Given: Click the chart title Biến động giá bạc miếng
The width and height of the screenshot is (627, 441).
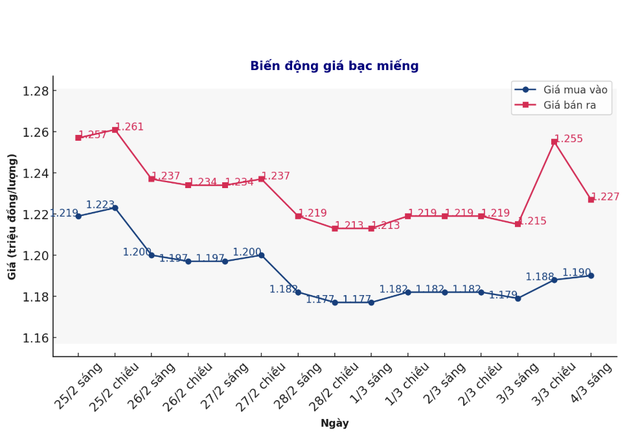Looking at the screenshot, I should coord(334,66).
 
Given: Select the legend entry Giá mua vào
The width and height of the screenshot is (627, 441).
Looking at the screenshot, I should coord(575,90).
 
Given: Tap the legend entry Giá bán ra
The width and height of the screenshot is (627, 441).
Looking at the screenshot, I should coord(569,105).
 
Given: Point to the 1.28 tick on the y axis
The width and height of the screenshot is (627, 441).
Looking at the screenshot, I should coord(36,91).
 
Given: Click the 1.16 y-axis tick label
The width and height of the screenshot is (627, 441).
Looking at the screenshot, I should coord(36,338).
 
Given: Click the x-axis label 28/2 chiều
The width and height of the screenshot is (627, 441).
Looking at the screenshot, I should coord(334,387).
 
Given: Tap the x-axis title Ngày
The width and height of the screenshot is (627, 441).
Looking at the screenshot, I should coord(334,423).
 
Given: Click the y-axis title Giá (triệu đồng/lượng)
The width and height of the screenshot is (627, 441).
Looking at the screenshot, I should coord(12,217).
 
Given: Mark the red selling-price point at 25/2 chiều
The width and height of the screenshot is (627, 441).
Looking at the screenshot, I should coord(115,130).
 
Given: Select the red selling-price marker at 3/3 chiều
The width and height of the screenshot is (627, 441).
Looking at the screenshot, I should coord(554,141).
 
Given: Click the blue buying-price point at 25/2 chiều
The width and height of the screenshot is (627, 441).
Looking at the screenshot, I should coord(115,208).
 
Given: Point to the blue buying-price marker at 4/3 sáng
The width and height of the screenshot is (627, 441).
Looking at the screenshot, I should coord(591,276).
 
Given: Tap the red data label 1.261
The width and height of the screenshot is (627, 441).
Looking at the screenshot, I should coord(130,127).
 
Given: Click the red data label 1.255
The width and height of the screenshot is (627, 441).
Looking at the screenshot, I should coord(569,139).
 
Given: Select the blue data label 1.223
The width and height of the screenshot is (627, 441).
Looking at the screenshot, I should coord(100,205).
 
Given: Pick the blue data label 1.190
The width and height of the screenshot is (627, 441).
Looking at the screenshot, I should coord(576,273).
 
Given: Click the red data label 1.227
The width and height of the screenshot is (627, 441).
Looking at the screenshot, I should coord(605,197).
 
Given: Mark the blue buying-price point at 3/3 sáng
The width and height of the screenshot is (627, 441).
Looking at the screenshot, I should coord(518,298).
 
